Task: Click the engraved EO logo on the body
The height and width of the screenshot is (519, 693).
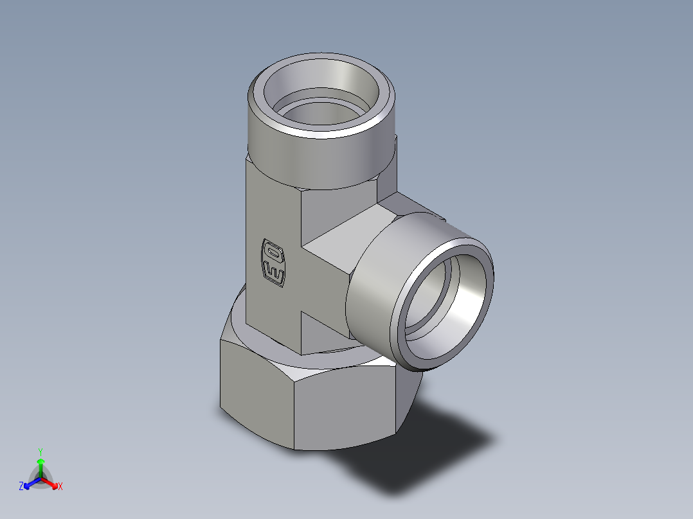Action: point(273,263)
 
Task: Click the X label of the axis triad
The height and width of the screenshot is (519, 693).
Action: point(60,487)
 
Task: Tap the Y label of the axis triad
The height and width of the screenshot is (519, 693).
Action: point(40,452)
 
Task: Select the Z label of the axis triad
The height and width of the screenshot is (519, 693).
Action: point(21,487)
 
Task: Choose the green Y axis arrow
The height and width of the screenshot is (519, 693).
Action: point(40,465)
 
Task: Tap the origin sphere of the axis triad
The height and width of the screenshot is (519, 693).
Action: point(40,479)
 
